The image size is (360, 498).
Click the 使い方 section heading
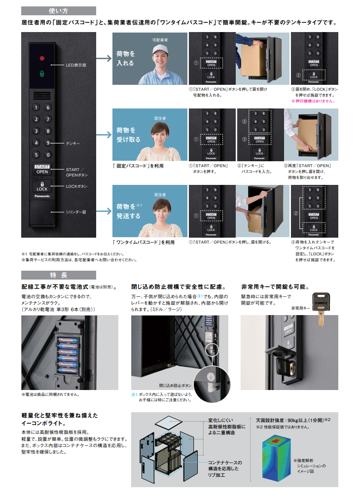[58, 10]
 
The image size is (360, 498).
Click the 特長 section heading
[58, 275]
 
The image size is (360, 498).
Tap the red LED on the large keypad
[42, 58]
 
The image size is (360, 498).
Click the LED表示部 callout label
[76, 65]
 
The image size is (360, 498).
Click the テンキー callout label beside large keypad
[72, 143]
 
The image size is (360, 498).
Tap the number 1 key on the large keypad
[36, 107]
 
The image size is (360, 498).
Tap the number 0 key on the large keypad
[48, 154]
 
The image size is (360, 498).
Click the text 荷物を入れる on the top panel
[125, 59]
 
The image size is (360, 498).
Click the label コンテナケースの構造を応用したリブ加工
[224, 468]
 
